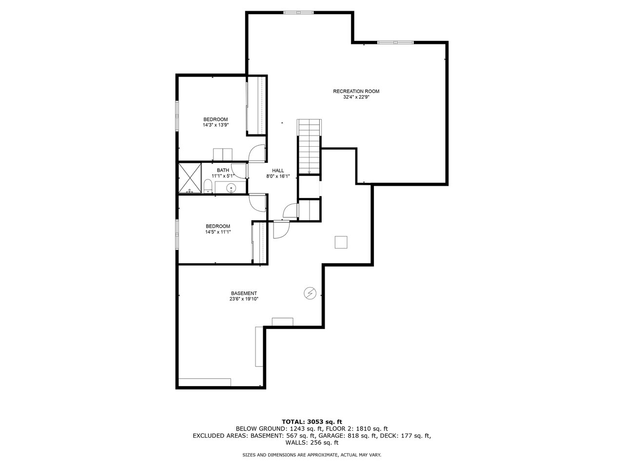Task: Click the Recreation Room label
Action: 356,91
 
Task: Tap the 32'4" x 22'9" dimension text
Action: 356,97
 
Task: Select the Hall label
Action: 278,170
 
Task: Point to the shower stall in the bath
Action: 190,178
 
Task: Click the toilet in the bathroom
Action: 207,187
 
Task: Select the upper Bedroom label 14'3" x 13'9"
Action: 215,122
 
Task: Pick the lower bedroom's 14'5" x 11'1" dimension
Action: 217,232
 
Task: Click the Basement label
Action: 244,293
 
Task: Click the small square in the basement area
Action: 341,242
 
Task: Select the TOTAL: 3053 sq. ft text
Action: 312,421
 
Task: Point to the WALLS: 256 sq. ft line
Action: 312,443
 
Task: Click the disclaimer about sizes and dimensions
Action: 312,455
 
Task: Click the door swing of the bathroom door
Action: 239,170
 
